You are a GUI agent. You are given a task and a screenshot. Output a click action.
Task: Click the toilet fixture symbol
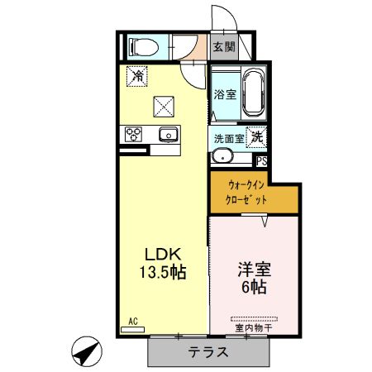pyautogui.click(x=144, y=47)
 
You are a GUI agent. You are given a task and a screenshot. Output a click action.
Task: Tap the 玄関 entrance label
pyautogui.click(x=224, y=47)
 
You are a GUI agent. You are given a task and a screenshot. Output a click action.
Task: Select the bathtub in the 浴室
pyautogui.click(x=254, y=93)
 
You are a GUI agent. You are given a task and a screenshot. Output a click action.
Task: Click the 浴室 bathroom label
pyautogui.click(x=225, y=94)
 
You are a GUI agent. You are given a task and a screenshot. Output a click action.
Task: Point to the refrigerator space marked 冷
pyautogui.click(x=137, y=76)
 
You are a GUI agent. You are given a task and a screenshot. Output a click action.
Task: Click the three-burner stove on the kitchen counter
pyautogui.click(x=133, y=135)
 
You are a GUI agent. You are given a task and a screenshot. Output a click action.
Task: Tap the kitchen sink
pyautogui.click(x=168, y=134)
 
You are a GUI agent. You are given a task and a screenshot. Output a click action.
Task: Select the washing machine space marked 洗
pyautogui.click(x=256, y=137)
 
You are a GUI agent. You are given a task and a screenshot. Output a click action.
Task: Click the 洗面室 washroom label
pyautogui.click(x=229, y=139)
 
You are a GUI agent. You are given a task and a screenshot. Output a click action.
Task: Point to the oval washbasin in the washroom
pyautogui.click(x=222, y=156)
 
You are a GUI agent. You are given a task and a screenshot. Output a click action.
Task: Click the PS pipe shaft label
pyautogui.click(x=261, y=161)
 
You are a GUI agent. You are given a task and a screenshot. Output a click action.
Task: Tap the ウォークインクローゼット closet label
pyautogui.click(x=246, y=193)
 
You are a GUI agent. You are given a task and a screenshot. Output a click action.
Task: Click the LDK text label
pyautogui.click(x=163, y=255)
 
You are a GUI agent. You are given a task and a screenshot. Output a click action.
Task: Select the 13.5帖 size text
pyautogui.click(x=163, y=272)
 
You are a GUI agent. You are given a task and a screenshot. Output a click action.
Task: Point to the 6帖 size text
pyautogui.click(x=254, y=287)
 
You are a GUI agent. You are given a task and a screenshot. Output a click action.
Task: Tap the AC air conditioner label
pyautogui.click(x=133, y=322)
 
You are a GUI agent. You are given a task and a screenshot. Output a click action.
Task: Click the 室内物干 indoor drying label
pyautogui.click(x=254, y=328)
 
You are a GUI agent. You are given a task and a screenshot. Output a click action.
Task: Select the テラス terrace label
pyautogui.click(x=208, y=352)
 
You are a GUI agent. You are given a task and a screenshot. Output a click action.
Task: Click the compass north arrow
pyautogui.click(x=87, y=351)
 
